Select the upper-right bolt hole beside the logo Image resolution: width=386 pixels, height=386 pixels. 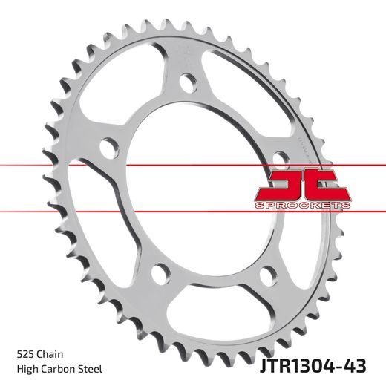coord(279,157)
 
